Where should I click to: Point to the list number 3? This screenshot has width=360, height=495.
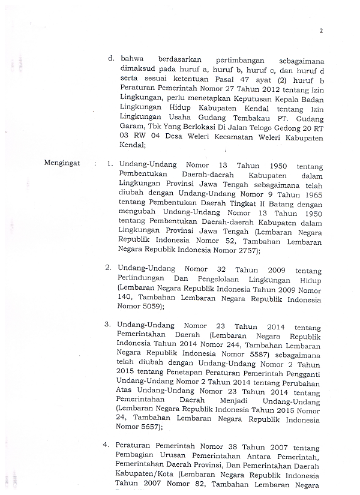[107, 324]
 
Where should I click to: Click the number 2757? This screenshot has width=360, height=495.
[245, 251]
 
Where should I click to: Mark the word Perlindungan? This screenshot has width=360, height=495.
[143, 280]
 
